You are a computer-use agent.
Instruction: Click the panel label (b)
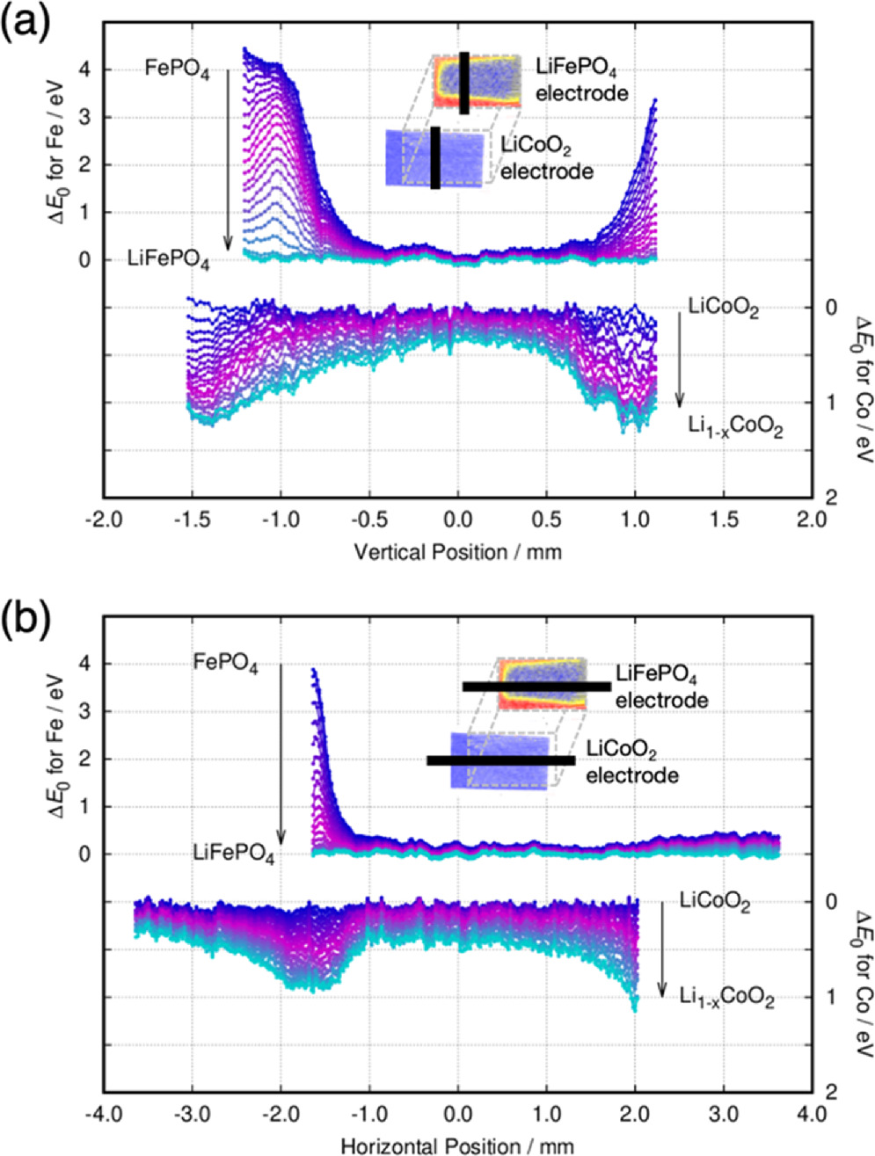(x=26, y=621)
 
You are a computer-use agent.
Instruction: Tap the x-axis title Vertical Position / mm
(x=456, y=552)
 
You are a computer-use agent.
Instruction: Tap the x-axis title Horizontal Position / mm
(x=456, y=1145)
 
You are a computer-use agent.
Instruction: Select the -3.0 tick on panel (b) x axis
(x=192, y=1114)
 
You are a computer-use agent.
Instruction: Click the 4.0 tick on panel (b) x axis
(x=810, y=1114)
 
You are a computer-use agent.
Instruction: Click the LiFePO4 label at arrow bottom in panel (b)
(x=233, y=854)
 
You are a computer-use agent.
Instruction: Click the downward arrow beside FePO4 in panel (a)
(x=228, y=158)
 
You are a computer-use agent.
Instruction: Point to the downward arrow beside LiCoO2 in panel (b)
(x=662, y=949)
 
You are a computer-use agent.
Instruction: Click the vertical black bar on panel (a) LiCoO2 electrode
(x=435, y=157)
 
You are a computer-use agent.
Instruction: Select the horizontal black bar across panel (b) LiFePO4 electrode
(x=536, y=686)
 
